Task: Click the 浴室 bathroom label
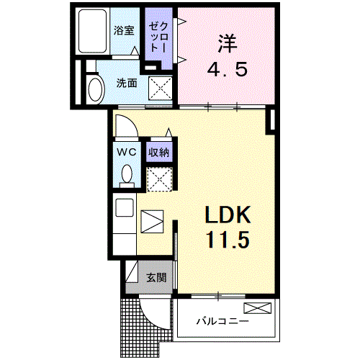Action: pos(124,30)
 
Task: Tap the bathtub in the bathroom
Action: pos(92,31)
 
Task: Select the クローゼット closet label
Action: pos(158,37)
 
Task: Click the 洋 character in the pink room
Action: pos(227,44)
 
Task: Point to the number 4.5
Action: pos(227,69)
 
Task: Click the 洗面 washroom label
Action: pos(127,83)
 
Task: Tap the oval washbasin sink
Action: pos(96,89)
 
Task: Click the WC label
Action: pos(127,152)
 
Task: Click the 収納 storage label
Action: pos(158,152)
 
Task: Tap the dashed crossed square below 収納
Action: pos(160,179)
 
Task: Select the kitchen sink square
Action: pos(125,207)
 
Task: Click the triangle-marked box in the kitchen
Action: pos(152,222)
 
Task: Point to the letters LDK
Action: pos(228,215)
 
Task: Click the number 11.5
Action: pos(228,240)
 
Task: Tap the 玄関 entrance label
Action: pos(156,278)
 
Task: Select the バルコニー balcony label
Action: pos(222,320)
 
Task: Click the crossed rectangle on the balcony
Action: pos(258,308)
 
